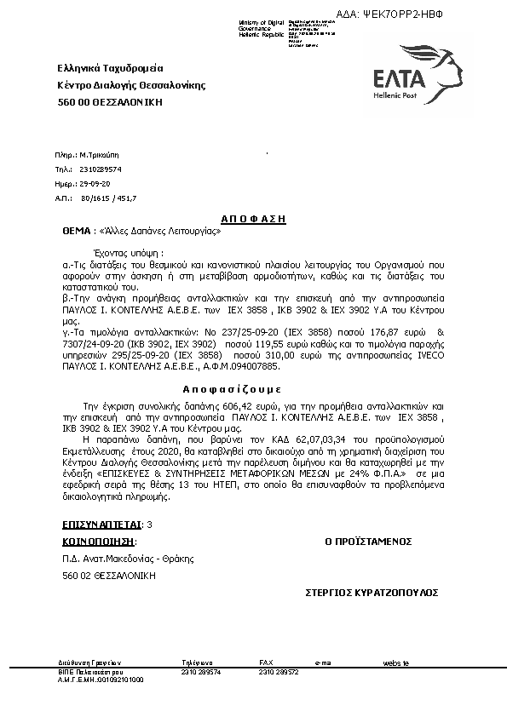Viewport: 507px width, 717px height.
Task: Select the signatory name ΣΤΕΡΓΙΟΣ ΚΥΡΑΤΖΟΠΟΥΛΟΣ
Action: (x=372, y=590)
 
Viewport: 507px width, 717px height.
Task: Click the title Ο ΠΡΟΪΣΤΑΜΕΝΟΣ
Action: (x=368, y=541)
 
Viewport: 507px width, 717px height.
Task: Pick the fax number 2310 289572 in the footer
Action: (x=279, y=672)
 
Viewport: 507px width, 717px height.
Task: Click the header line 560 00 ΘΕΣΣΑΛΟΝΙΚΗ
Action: (x=110, y=102)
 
